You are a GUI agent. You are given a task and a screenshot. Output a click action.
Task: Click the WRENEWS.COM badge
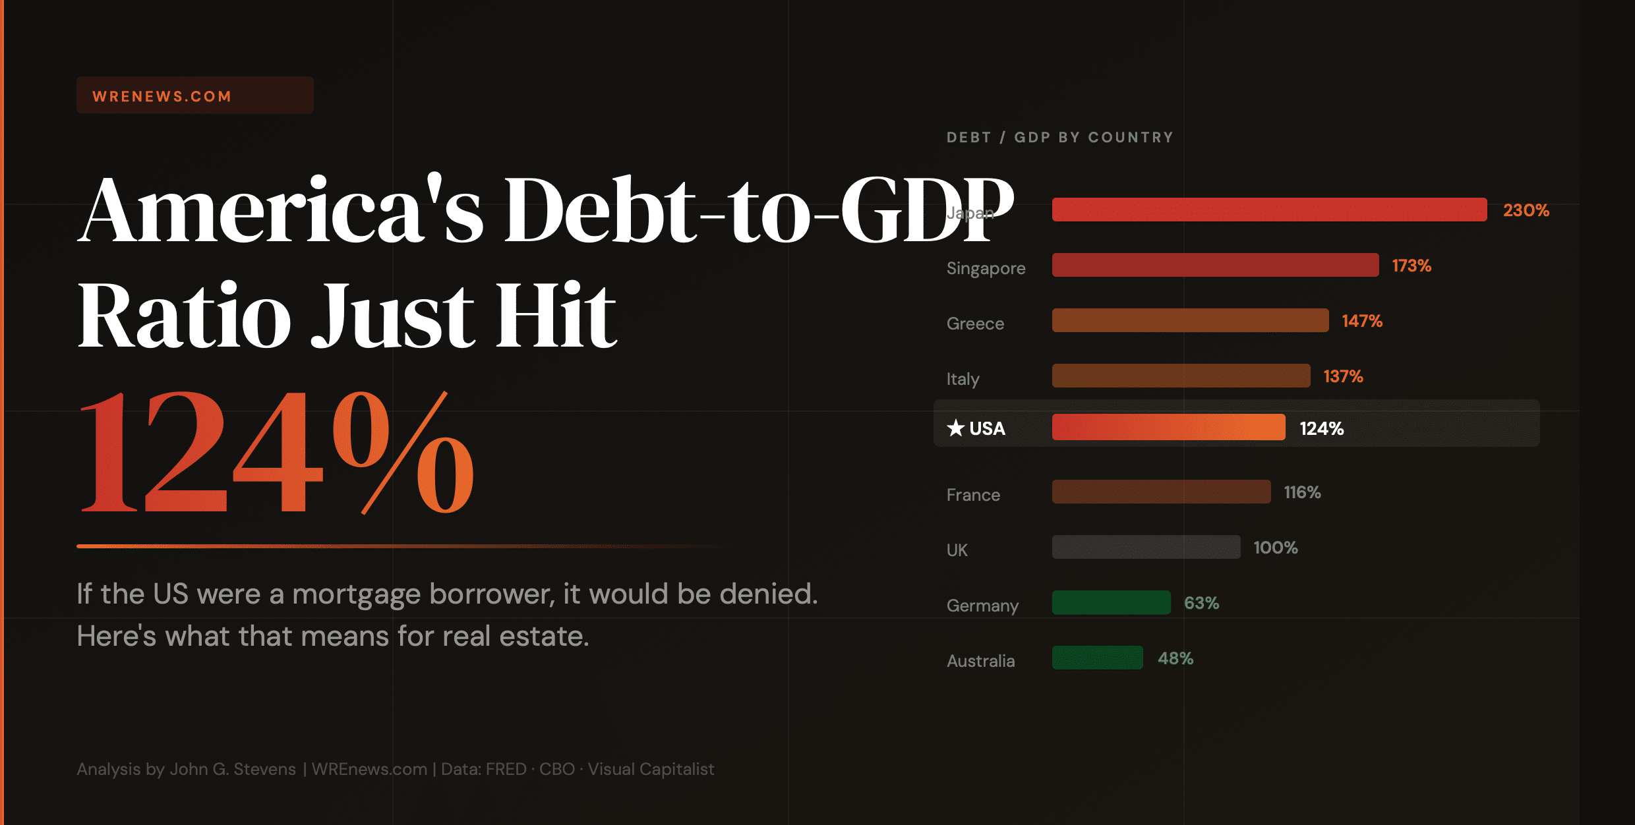coord(194,96)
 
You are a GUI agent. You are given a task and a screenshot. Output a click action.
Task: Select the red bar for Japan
coord(1269,210)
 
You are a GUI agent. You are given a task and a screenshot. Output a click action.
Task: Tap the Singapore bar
coord(1215,265)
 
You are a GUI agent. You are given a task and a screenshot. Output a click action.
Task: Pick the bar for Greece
coord(1190,320)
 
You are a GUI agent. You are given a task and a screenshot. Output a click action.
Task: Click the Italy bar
coord(1181,376)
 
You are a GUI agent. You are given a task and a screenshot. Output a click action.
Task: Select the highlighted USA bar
coord(1168,427)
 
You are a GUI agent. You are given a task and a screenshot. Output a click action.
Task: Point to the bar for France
coord(1161,492)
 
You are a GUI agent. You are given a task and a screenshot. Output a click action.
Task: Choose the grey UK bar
coord(1146,547)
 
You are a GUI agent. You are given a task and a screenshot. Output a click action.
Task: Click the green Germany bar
coord(1111,602)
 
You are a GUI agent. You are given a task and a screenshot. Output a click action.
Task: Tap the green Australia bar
coord(1097,658)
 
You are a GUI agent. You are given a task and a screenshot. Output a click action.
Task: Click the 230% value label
coord(1526,210)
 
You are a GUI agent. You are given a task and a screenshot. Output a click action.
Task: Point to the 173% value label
coord(1411,266)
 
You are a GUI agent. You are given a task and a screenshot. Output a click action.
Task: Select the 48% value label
coord(1175,658)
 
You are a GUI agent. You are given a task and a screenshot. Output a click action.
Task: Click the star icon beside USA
coord(955,428)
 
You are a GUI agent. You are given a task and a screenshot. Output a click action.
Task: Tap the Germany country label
coord(982,606)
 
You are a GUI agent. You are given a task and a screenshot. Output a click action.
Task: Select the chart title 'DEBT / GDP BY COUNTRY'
coord(1059,137)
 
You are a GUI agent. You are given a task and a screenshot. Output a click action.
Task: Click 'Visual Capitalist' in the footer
coord(651,769)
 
